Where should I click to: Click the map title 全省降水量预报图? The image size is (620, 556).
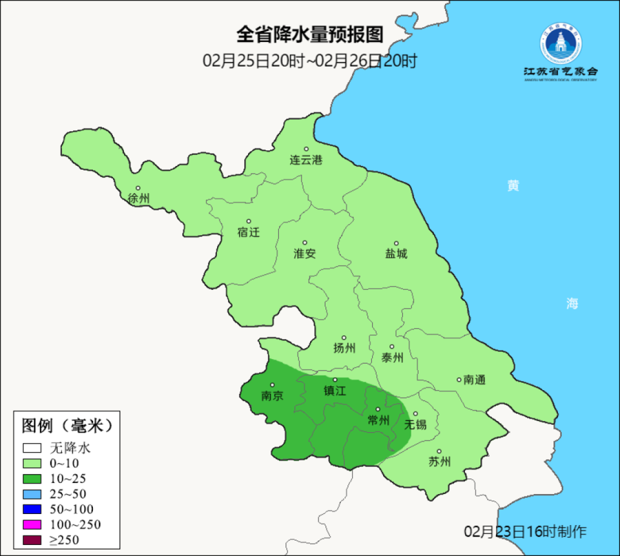pyautogui.click(x=310, y=34)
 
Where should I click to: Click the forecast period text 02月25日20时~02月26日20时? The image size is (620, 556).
pyautogui.click(x=310, y=61)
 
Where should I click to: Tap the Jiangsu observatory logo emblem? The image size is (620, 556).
pyautogui.click(x=561, y=44)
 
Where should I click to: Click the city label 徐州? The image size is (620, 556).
pyautogui.click(x=139, y=198)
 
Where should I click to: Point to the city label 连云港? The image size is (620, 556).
pyautogui.click(x=306, y=160)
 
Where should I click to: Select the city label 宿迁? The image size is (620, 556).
pyautogui.click(x=249, y=232)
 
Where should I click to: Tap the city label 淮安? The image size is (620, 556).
pyautogui.click(x=305, y=254)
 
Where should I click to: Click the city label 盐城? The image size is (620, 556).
pyautogui.click(x=397, y=254)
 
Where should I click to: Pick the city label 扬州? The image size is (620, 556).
pyautogui.click(x=344, y=348)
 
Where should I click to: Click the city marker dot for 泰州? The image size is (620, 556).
pyautogui.click(x=391, y=346)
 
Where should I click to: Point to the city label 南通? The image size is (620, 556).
pyautogui.click(x=474, y=380)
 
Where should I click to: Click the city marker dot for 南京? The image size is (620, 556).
pyautogui.click(x=272, y=385)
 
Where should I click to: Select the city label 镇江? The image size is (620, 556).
pyautogui.click(x=335, y=391)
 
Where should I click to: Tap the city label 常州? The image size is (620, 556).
pyautogui.click(x=378, y=420)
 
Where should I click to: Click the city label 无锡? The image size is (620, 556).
pyautogui.click(x=415, y=424)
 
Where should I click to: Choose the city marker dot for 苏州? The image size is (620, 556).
pyautogui.click(x=439, y=451)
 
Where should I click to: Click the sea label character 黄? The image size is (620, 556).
pyautogui.click(x=513, y=186)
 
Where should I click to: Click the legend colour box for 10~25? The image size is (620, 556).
pyautogui.click(x=32, y=479)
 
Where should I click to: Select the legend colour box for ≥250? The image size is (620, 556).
pyautogui.click(x=32, y=540)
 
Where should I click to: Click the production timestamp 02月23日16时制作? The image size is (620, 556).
pyautogui.click(x=526, y=531)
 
